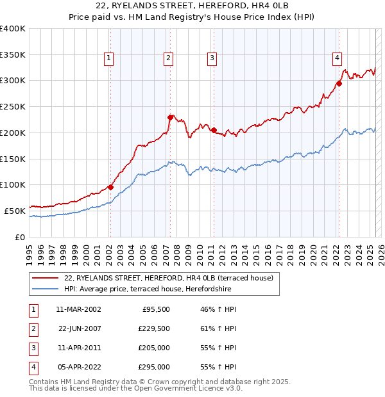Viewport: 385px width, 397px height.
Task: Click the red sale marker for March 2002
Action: pyautogui.click(x=110, y=187)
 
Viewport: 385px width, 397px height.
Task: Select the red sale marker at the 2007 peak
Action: pyautogui.click(x=171, y=117)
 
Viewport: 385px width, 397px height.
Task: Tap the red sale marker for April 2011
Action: pyautogui.click(x=214, y=130)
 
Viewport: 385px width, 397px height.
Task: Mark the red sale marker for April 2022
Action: pyautogui.click(x=339, y=83)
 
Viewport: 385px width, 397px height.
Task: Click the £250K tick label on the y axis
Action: pyautogui.click(x=13, y=107)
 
